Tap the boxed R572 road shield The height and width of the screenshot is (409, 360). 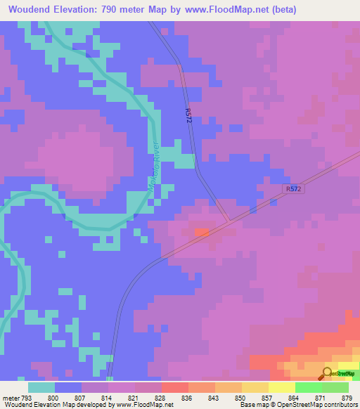[293, 189]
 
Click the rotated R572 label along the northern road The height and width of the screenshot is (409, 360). [188, 116]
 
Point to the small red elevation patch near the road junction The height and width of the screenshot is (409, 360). [202, 231]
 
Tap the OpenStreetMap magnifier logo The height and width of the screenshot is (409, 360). [327, 374]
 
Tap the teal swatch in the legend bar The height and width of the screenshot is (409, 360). [41, 387]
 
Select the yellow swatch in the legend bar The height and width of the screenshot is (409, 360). [281, 387]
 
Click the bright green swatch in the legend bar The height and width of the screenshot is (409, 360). [308, 387]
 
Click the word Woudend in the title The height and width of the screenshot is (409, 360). [34, 10]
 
